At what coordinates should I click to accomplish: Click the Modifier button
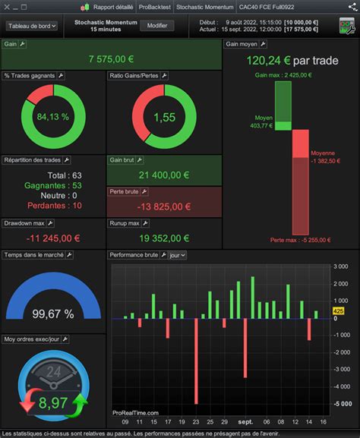pos(157,26)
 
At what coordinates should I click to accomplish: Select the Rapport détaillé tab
pos(108,7)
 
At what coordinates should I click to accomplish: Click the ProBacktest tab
pos(155,7)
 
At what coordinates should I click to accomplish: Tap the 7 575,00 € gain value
pos(111,59)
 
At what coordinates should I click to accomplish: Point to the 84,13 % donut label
pos(53,117)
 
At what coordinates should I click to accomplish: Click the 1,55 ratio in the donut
pos(165,117)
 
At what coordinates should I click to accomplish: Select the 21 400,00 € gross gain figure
pos(164,175)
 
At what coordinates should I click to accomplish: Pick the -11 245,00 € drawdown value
pos(52,238)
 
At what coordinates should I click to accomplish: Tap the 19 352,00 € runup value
pos(164,238)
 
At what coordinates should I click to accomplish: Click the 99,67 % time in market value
pos(52,313)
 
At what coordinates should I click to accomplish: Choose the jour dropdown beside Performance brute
pos(178,256)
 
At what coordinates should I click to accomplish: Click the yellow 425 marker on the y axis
pos(339,311)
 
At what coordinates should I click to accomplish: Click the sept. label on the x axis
pos(245,421)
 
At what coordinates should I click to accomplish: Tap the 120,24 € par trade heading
pos(291,60)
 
